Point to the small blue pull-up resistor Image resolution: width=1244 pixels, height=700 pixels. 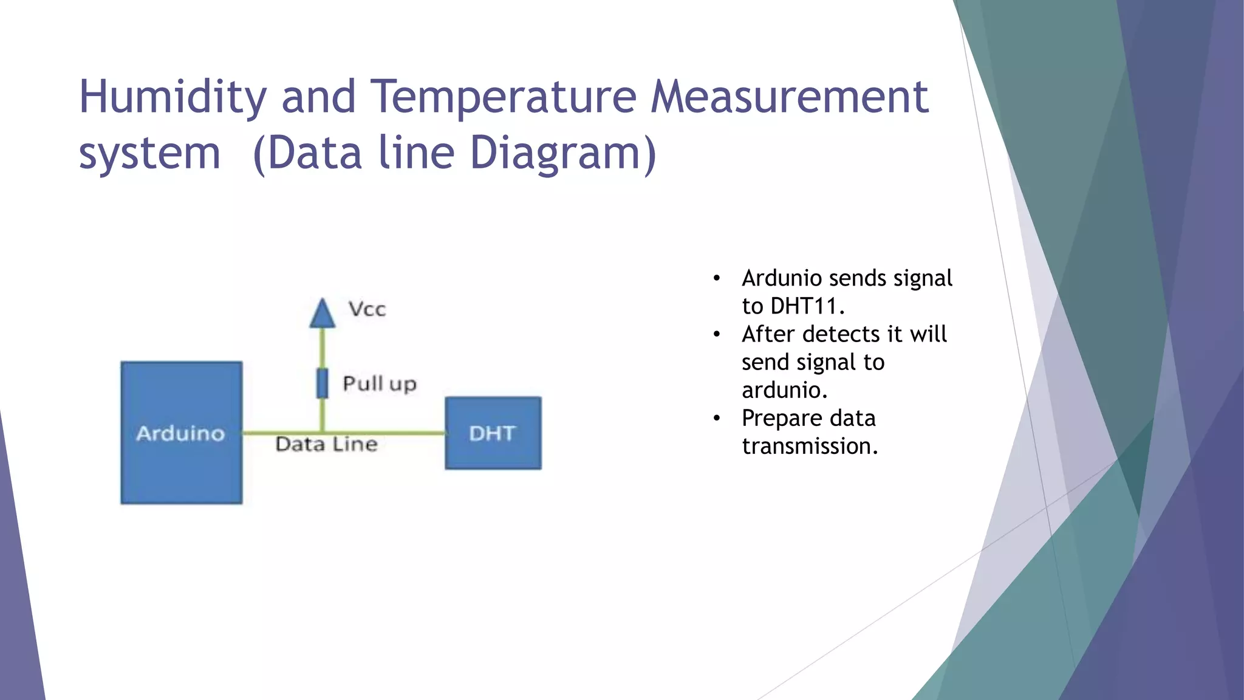click(322, 383)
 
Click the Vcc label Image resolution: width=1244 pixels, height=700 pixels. click(367, 309)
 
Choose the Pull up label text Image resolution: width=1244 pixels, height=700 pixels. click(380, 384)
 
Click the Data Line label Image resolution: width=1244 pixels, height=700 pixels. click(326, 444)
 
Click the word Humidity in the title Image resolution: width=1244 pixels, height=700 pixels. click(173, 97)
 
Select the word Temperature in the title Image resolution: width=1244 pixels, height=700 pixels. click(504, 97)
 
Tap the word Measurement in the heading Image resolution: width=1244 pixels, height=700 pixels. click(789, 97)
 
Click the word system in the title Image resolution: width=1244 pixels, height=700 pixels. click(149, 153)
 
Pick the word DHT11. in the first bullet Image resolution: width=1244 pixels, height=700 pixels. click(807, 306)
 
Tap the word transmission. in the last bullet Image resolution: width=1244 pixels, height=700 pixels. click(810, 447)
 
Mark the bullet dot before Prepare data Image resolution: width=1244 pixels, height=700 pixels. click(717, 419)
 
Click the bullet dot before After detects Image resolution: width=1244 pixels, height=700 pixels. click(717, 335)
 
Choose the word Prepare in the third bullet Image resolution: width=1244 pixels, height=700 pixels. click(782, 419)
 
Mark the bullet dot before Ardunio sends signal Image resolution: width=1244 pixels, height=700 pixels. click(717, 279)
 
